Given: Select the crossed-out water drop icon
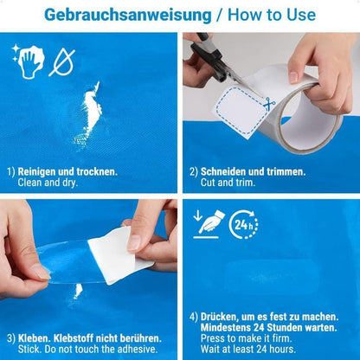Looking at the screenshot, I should tap(61, 61).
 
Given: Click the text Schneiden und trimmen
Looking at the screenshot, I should tap(251, 171).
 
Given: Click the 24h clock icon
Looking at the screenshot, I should tap(245, 226).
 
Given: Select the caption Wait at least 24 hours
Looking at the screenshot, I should tap(253, 348).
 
